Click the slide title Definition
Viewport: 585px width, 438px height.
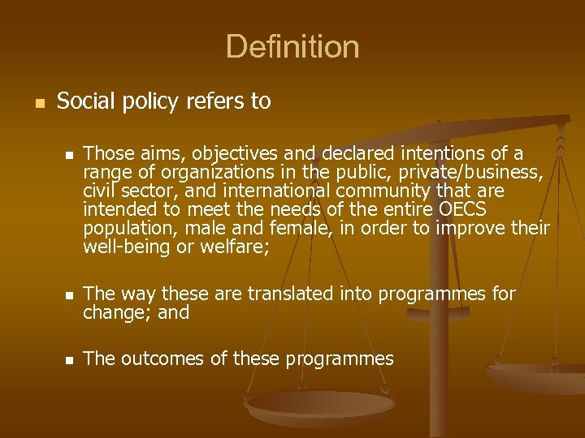pos(292,46)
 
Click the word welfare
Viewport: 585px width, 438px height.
pos(230,247)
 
